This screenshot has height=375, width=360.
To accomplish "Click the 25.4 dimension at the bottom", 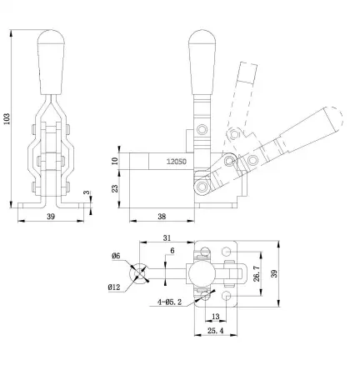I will click(216, 332).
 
